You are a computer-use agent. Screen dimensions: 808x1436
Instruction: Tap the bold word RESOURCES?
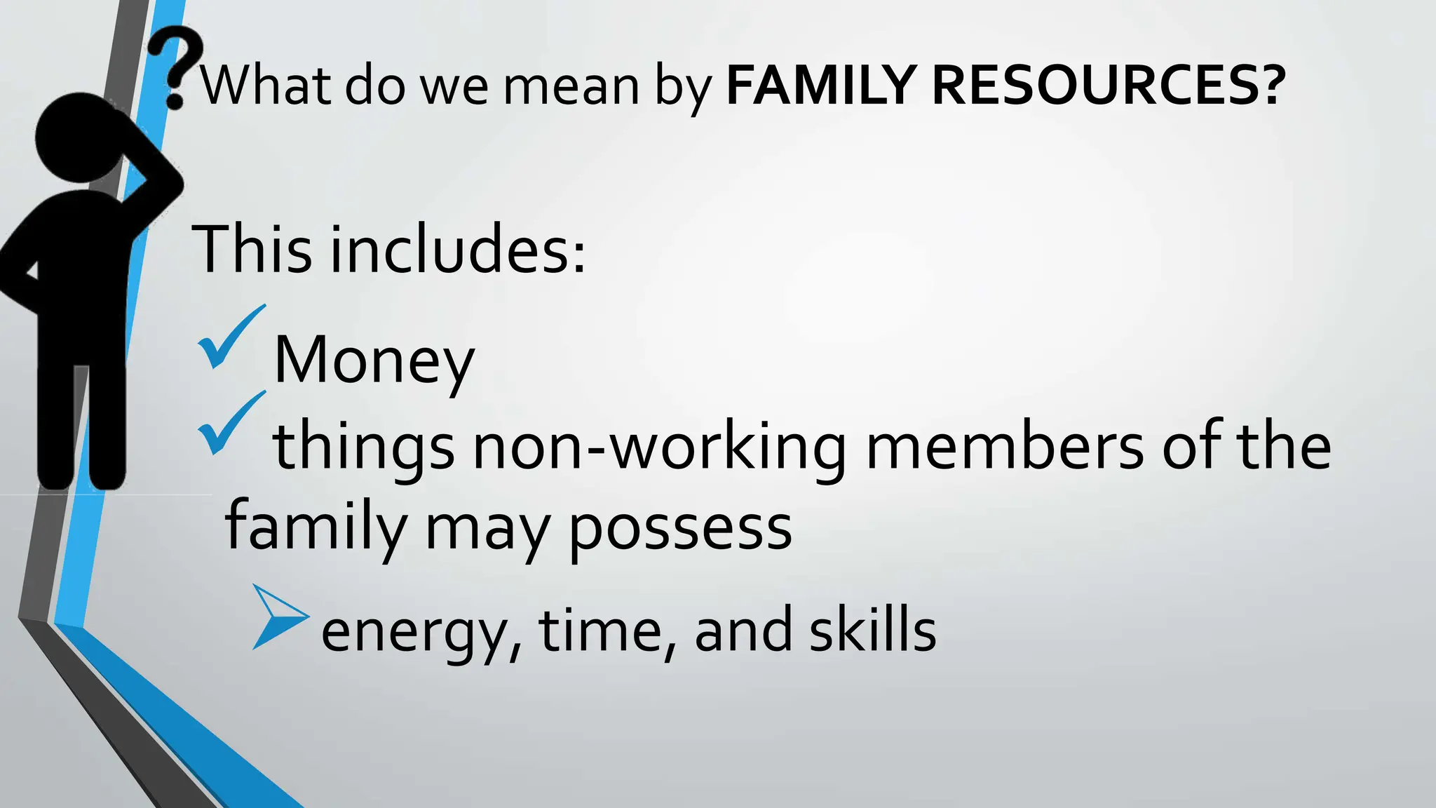click(x=1108, y=86)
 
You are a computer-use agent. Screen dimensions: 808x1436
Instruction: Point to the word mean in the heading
click(x=571, y=87)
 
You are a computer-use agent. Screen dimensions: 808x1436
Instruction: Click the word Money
click(x=374, y=361)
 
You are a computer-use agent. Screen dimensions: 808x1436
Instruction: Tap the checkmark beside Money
click(x=229, y=338)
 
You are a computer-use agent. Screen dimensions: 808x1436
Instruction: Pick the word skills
click(x=872, y=629)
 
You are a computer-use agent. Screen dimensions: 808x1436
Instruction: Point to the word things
click(x=363, y=449)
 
